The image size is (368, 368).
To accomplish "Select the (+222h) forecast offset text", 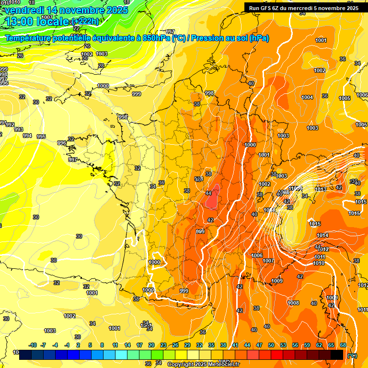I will (86, 22).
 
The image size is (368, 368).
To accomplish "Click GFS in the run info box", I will (266, 8).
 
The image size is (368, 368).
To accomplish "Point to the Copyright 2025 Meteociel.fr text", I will (203, 365).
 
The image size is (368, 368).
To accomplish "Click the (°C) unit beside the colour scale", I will (352, 356).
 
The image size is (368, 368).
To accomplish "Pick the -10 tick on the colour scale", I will (33, 345).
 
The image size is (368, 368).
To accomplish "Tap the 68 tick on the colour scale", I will (343, 345).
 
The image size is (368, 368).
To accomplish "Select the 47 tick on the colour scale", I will (259, 345).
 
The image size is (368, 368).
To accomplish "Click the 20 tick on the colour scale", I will (151, 345).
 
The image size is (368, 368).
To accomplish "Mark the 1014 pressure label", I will (322, 235).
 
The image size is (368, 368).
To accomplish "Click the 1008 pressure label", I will (293, 303).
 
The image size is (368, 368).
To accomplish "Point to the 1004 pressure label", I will (307, 97).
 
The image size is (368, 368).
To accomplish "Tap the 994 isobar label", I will (27, 136).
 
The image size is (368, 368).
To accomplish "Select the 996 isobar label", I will (61, 143).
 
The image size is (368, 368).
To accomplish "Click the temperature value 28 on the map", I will (101, 66).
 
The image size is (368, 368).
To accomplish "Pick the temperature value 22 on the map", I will (76, 28).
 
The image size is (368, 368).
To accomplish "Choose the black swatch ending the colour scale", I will (337, 355).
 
